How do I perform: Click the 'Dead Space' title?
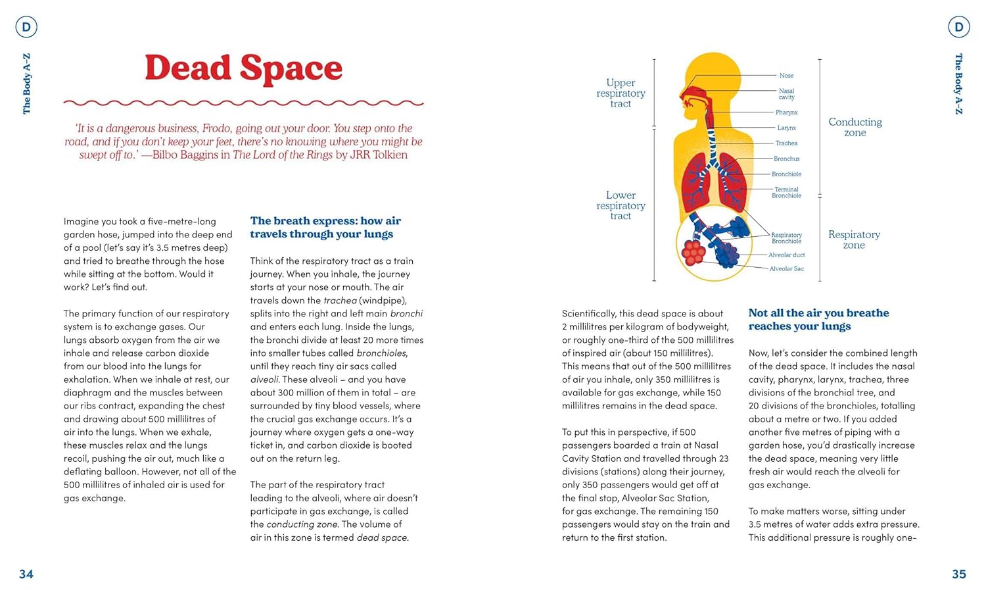pos(243,68)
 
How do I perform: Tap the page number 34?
pos(26,574)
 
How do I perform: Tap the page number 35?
pos(959,574)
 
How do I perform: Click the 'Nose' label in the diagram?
pos(786,76)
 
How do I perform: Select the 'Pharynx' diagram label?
pos(786,113)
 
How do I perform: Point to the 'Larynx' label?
pos(786,128)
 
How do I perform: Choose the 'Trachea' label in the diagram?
pos(786,143)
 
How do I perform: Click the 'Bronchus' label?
pos(786,159)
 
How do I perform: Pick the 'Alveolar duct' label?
pos(786,255)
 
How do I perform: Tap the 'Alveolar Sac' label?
pos(786,269)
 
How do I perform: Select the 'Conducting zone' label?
pos(855,128)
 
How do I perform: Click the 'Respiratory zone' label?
pos(854,240)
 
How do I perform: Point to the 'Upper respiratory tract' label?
pos(621,93)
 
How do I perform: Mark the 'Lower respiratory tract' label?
pos(621,205)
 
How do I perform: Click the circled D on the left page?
pos(26,27)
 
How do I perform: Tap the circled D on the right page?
pos(959,27)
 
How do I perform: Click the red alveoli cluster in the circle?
pos(693,252)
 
